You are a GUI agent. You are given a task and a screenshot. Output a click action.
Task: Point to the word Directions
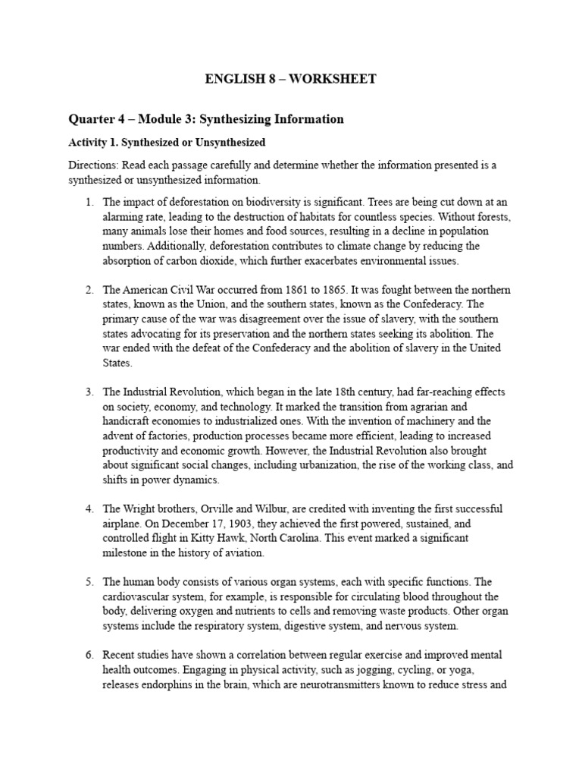(92, 165)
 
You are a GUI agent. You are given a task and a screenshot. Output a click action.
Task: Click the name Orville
(215, 508)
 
